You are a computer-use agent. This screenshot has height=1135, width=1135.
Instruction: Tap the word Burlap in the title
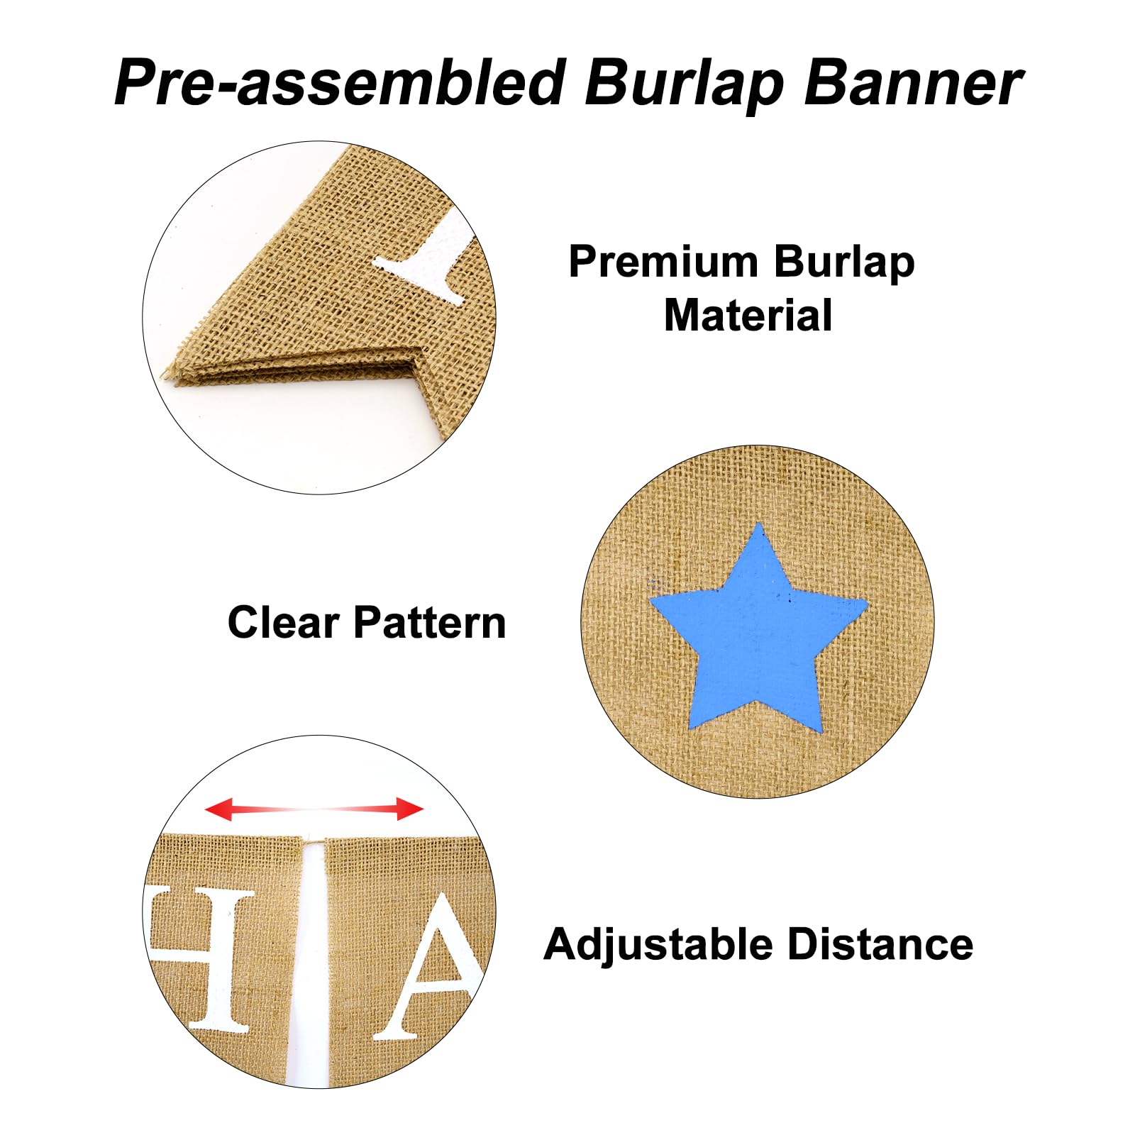[x=685, y=84]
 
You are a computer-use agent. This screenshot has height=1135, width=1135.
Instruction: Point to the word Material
[x=748, y=315]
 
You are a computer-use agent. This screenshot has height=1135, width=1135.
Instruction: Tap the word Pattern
[x=430, y=622]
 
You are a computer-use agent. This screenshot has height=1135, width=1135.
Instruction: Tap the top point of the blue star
[x=760, y=524]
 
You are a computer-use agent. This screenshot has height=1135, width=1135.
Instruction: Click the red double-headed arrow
[x=314, y=809]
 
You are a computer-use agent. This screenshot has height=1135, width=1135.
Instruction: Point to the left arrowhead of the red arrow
[x=218, y=809]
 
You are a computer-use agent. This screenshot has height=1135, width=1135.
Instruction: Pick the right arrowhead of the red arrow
[x=410, y=809]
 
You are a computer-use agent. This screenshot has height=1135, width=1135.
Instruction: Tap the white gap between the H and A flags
[x=309, y=958]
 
